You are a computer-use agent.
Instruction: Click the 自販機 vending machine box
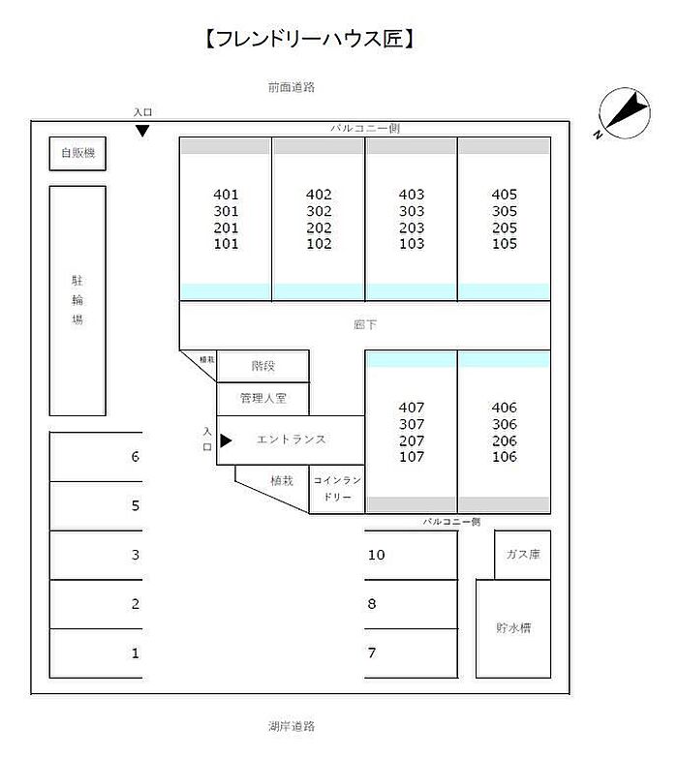[77, 153]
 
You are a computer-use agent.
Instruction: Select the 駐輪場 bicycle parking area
[77, 300]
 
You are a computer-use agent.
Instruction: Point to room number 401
[226, 195]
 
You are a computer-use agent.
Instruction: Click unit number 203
[412, 228]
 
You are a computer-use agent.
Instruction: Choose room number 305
[505, 211]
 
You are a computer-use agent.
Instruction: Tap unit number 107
[412, 457]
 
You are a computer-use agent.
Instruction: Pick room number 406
[505, 408]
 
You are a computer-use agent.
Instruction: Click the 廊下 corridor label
[365, 325]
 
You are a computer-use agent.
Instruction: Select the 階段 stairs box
[263, 366]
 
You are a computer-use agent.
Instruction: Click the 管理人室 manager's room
[263, 398]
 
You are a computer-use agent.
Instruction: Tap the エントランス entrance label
[292, 440]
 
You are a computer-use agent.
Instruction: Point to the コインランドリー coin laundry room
[337, 489]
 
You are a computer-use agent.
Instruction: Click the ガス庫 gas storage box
[522, 555]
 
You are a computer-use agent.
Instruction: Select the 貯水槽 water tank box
[513, 628]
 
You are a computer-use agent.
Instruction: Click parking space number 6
[136, 457]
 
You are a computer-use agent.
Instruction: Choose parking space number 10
[377, 555]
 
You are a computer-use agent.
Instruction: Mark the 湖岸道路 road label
[292, 725]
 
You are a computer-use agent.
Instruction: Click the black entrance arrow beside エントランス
[226, 440]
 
